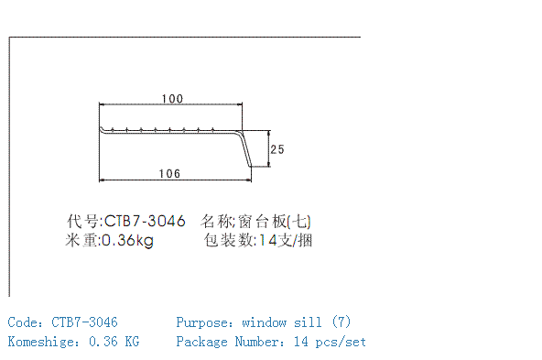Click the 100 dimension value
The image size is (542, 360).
(172, 99)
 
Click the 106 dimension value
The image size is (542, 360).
(169, 174)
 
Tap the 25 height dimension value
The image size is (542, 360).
(277, 149)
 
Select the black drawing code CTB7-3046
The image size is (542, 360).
(145, 221)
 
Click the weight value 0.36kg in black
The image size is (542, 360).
(127, 240)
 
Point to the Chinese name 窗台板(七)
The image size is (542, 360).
(275, 222)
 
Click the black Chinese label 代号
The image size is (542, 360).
(82, 221)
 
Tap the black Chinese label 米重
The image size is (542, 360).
(81, 240)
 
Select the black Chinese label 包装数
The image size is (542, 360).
(229, 240)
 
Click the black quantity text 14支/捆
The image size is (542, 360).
(286, 240)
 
